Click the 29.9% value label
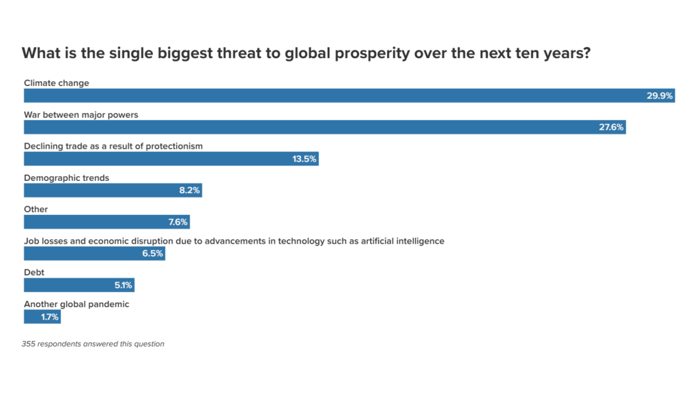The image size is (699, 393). (659, 96)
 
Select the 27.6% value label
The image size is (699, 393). (611, 128)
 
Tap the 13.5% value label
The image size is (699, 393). (304, 159)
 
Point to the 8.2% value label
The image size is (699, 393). (189, 190)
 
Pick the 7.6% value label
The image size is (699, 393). (176, 222)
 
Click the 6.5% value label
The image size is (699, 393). (152, 253)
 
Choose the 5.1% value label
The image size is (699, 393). (123, 285)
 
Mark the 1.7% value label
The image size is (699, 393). (49, 317)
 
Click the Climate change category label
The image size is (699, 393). (57, 83)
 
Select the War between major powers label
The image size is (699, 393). (81, 115)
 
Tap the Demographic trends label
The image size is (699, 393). (66, 177)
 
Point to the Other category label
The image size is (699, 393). (35, 209)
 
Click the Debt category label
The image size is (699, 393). (34, 272)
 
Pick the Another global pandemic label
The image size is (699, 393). (76, 304)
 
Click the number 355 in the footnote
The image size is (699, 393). (29, 344)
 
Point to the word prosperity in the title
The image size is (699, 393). (377, 53)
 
